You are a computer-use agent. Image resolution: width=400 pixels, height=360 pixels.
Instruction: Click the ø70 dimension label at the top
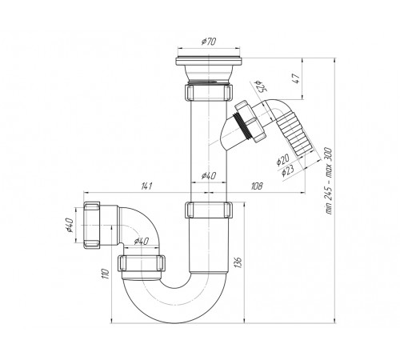pyautogui.click(x=209, y=42)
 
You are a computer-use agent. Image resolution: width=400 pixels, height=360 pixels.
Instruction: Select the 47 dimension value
pyautogui.click(x=297, y=78)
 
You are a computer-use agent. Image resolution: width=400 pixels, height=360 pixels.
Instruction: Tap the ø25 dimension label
pyautogui.click(x=261, y=86)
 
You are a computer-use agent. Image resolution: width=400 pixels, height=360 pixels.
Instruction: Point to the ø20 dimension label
pyautogui.click(x=282, y=160)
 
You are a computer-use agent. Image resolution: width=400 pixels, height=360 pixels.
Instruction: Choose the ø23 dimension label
pyautogui.click(x=287, y=170)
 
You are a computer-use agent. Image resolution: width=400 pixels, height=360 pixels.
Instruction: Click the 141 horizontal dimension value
pyautogui.click(x=146, y=186)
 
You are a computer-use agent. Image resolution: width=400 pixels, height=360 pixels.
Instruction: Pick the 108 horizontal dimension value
pyautogui.click(x=257, y=186)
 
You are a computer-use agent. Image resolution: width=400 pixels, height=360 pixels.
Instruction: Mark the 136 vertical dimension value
pyautogui.click(x=238, y=262)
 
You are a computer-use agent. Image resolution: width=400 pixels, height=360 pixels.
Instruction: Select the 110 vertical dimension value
pyautogui.click(x=106, y=274)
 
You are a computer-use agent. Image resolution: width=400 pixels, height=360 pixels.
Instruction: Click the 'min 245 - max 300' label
pyautogui.click(x=329, y=181)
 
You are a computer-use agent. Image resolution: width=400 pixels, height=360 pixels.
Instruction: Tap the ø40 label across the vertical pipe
pyautogui.click(x=209, y=176)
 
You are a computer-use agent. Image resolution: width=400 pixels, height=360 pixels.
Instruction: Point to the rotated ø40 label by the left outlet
pyautogui.click(x=70, y=225)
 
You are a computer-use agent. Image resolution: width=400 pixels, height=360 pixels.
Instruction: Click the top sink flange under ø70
pyautogui.click(x=209, y=62)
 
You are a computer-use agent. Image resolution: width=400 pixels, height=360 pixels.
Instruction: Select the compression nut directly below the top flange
pyautogui.click(x=208, y=92)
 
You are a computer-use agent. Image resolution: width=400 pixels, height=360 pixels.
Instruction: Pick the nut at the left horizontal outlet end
pyautogui.click(x=92, y=225)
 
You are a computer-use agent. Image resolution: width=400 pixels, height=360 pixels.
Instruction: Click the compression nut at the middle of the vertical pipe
pyautogui.click(x=209, y=210)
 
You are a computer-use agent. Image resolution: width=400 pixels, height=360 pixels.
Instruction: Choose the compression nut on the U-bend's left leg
pyautogui.click(x=142, y=263)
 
